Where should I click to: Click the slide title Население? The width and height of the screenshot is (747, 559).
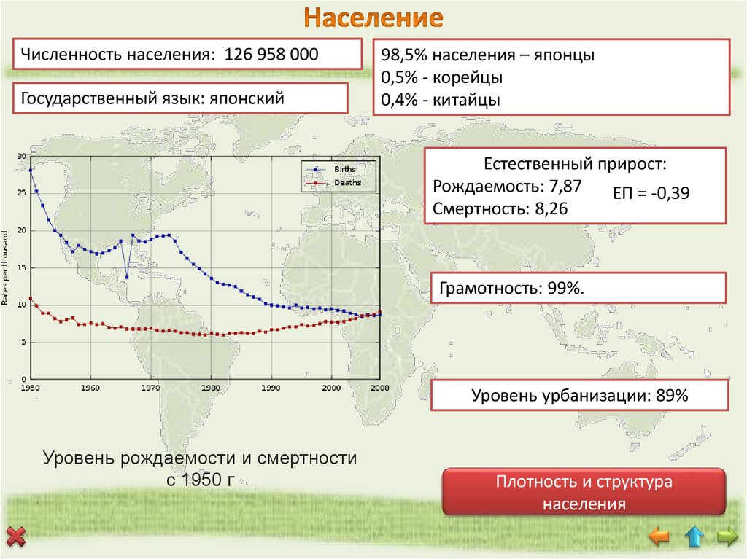[373, 17]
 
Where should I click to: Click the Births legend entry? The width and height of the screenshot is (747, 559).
[344, 169]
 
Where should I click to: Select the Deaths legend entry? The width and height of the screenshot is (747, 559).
[347, 183]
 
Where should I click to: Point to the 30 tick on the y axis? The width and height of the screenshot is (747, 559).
[21, 156]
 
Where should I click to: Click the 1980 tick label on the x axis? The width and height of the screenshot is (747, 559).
[210, 387]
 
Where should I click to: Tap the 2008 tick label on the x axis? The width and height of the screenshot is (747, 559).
[379, 387]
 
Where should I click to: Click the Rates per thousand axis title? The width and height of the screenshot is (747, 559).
[7, 268]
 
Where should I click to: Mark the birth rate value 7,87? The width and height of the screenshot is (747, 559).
[567, 187]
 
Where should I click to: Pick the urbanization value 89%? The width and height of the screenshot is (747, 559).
[670, 396]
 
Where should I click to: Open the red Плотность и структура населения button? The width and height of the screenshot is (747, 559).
[584, 493]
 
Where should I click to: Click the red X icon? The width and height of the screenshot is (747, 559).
[15, 539]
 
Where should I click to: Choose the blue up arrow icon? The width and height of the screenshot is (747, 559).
[694, 538]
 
